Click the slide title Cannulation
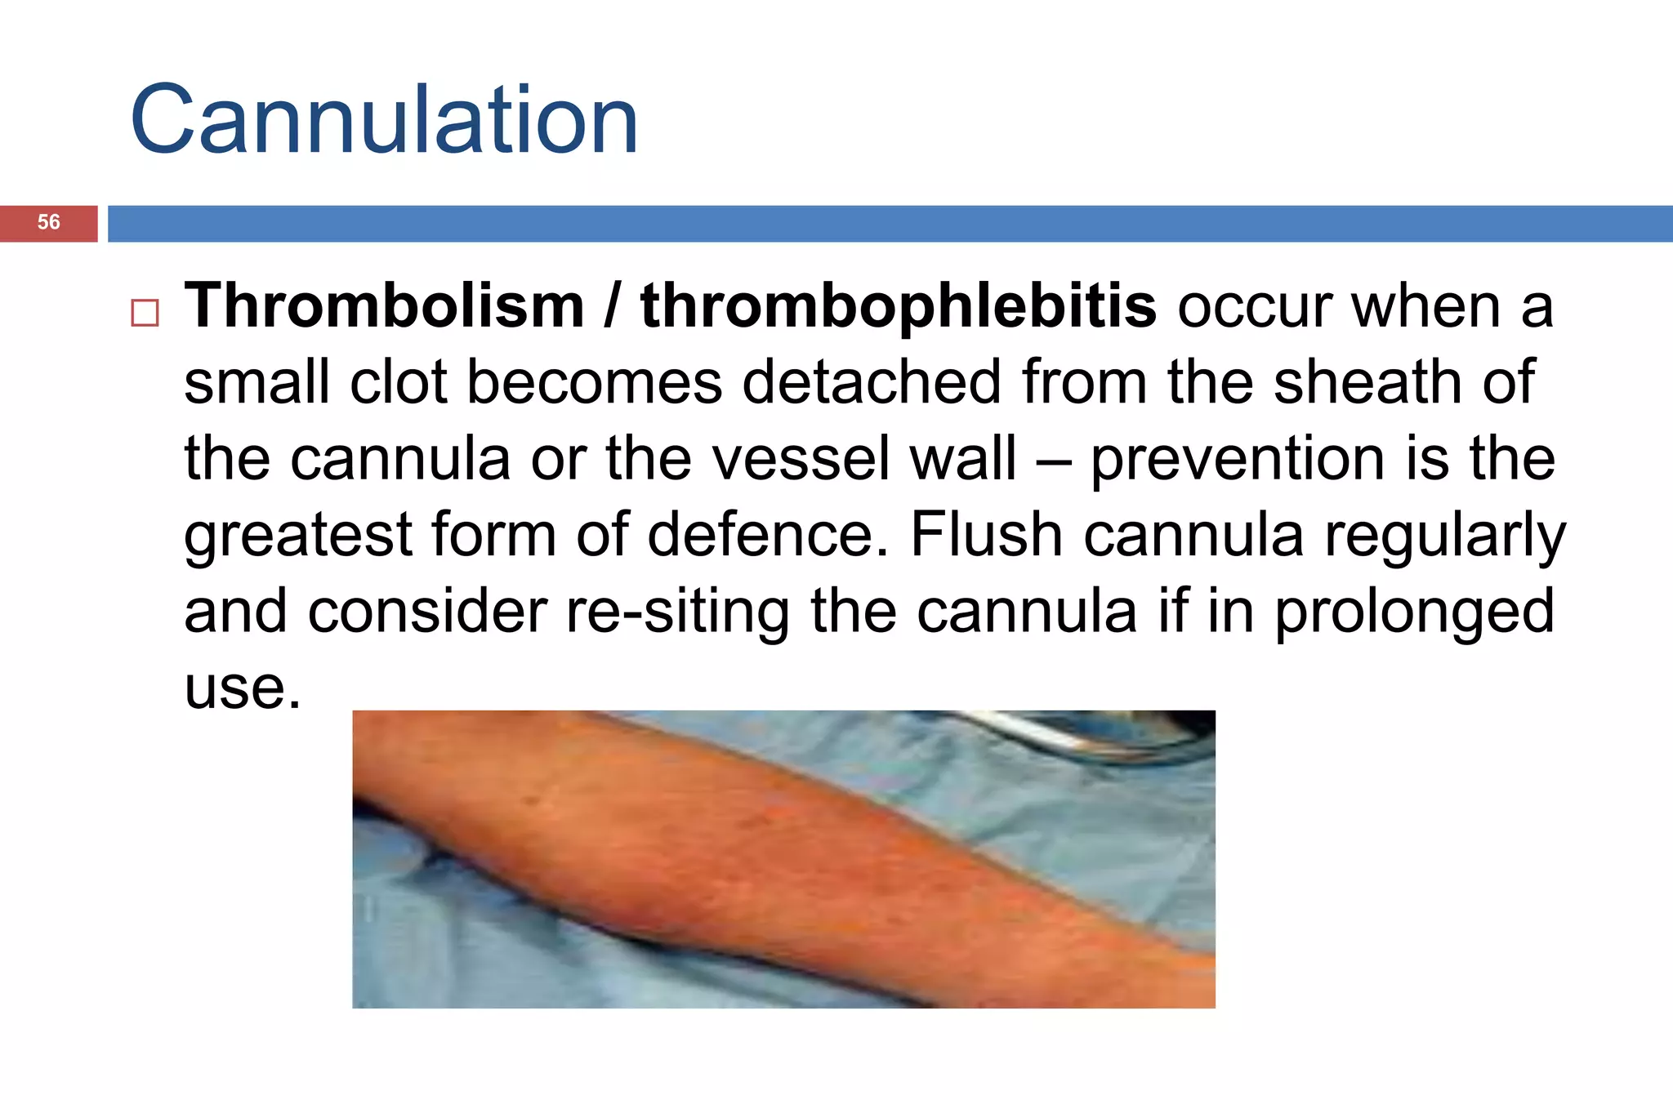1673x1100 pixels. point(384,121)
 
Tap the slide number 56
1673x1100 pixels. point(49,222)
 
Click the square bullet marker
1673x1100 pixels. point(145,313)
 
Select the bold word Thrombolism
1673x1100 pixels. point(384,306)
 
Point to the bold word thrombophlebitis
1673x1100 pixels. point(898,306)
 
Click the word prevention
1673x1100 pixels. point(1238,460)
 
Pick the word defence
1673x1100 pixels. point(767,535)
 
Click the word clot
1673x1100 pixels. point(399,382)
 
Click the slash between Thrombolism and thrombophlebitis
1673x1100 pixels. point(611,306)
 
